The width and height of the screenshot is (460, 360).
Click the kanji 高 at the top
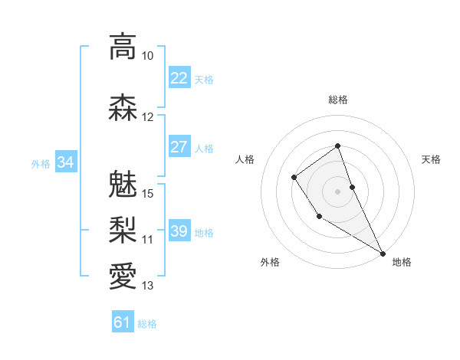[123, 47]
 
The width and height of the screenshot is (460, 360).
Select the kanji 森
[123, 107]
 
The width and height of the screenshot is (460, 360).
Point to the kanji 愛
[123, 274]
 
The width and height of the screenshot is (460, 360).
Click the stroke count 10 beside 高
[148, 56]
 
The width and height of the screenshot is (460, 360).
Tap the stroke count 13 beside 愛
[148, 286]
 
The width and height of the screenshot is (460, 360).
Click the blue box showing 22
[179, 78]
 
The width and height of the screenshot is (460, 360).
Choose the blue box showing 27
[179, 147]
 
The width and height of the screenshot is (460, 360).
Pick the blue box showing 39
[179, 231]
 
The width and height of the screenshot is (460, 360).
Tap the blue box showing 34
[65, 162]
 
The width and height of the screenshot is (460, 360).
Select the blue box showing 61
[123, 323]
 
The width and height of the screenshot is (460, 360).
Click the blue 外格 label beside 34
[41, 163]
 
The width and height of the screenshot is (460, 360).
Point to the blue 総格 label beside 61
[147, 324]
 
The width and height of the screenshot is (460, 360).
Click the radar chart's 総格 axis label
[338, 100]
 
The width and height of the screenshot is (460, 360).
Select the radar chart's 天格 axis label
[432, 159]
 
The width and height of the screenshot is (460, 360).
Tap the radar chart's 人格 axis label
[245, 159]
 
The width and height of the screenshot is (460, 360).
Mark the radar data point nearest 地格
[383, 253]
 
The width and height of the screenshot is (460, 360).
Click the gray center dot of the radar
[338, 191]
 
